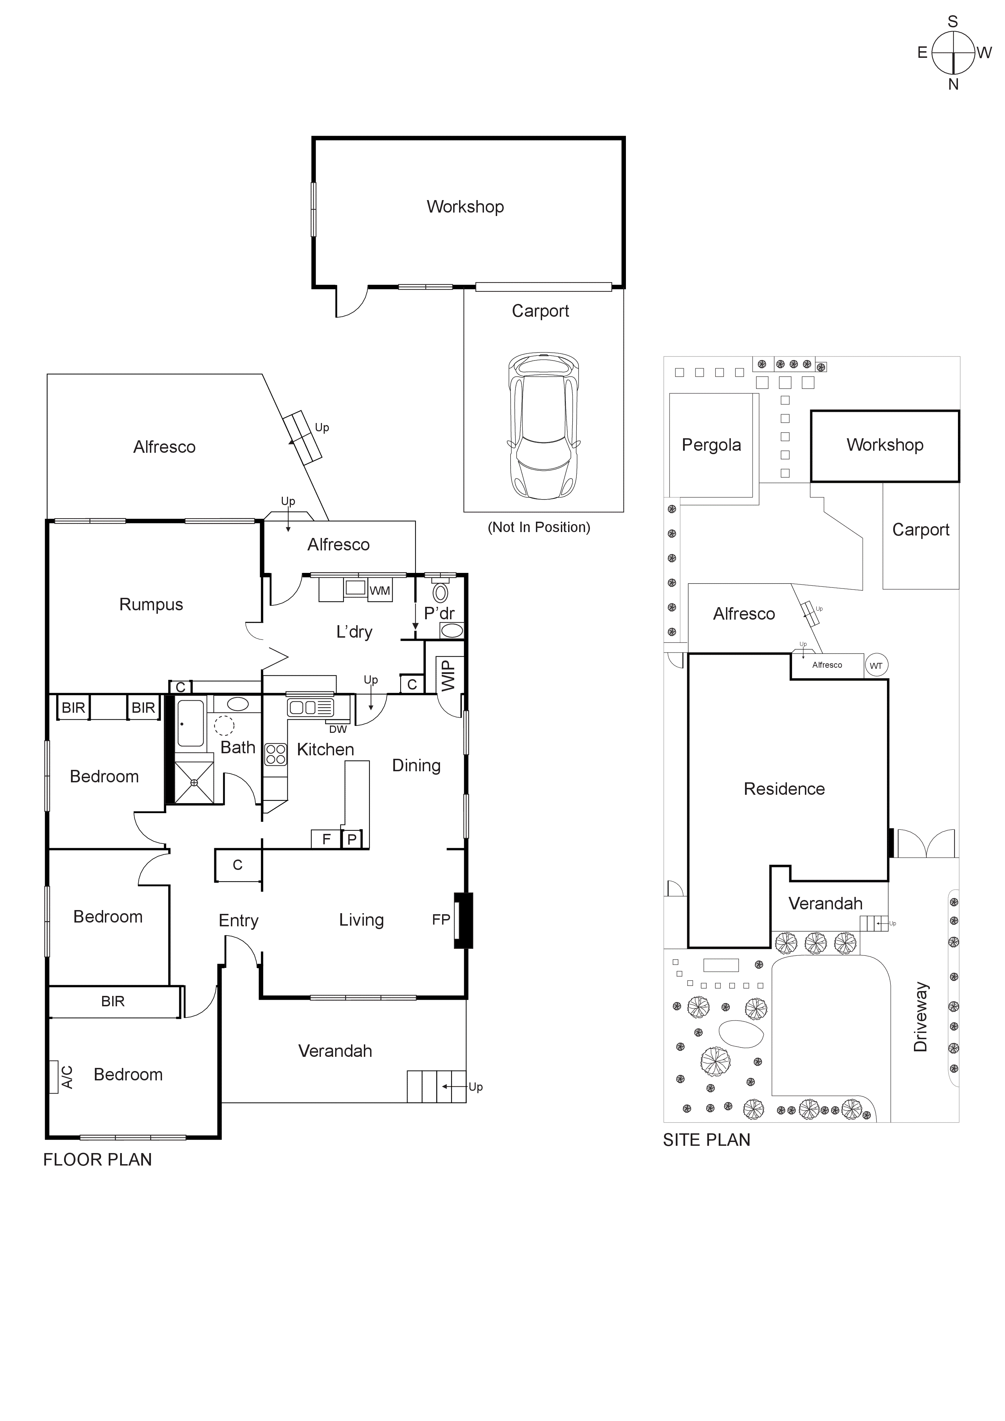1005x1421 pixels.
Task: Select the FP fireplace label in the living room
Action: point(441,920)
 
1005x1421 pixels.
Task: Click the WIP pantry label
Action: point(448,675)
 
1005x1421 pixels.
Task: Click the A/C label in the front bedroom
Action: point(67,1078)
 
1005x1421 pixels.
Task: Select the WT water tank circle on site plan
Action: point(876,666)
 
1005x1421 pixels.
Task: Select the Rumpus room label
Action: point(151,605)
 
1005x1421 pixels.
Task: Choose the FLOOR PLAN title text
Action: point(97,1160)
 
